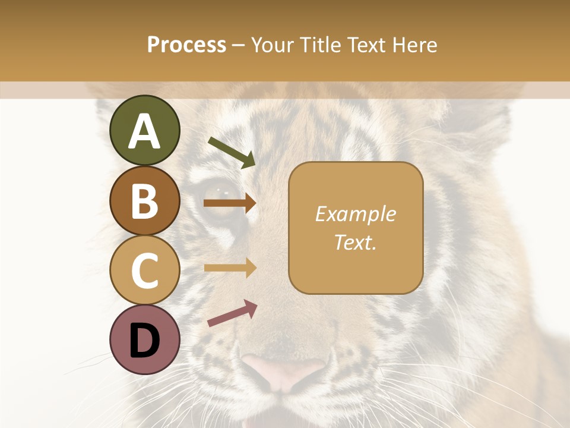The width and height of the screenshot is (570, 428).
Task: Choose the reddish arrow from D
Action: pyautogui.click(x=232, y=313)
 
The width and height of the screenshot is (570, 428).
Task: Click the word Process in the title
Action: pyautogui.click(x=186, y=45)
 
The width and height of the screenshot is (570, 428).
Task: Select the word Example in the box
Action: pyautogui.click(x=355, y=214)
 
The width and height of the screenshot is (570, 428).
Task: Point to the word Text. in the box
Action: pyautogui.click(x=355, y=243)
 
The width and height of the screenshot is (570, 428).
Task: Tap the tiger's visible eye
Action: pyautogui.click(x=224, y=192)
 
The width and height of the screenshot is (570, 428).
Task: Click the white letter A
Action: pyautogui.click(x=145, y=131)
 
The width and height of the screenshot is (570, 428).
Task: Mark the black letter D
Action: pyautogui.click(x=145, y=341)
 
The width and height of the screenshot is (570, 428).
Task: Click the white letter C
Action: pyautogui.click(x=145, y=270)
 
